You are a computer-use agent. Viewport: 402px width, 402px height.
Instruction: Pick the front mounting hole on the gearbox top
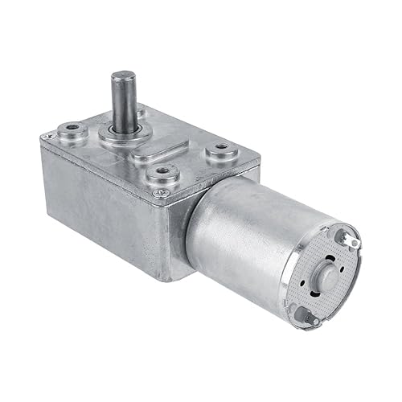click(162, 171)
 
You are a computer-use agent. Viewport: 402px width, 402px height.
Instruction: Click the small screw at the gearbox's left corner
click(46, 142)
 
